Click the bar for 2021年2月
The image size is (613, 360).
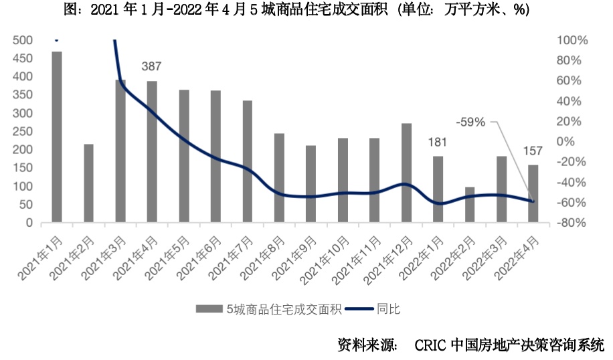[88, 183]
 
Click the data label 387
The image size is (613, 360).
[152, 67]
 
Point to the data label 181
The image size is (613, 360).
[438, 142]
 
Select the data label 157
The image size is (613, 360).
[533, 150]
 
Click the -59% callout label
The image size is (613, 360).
[470, 122]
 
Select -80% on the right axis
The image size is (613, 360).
[572, 223]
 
